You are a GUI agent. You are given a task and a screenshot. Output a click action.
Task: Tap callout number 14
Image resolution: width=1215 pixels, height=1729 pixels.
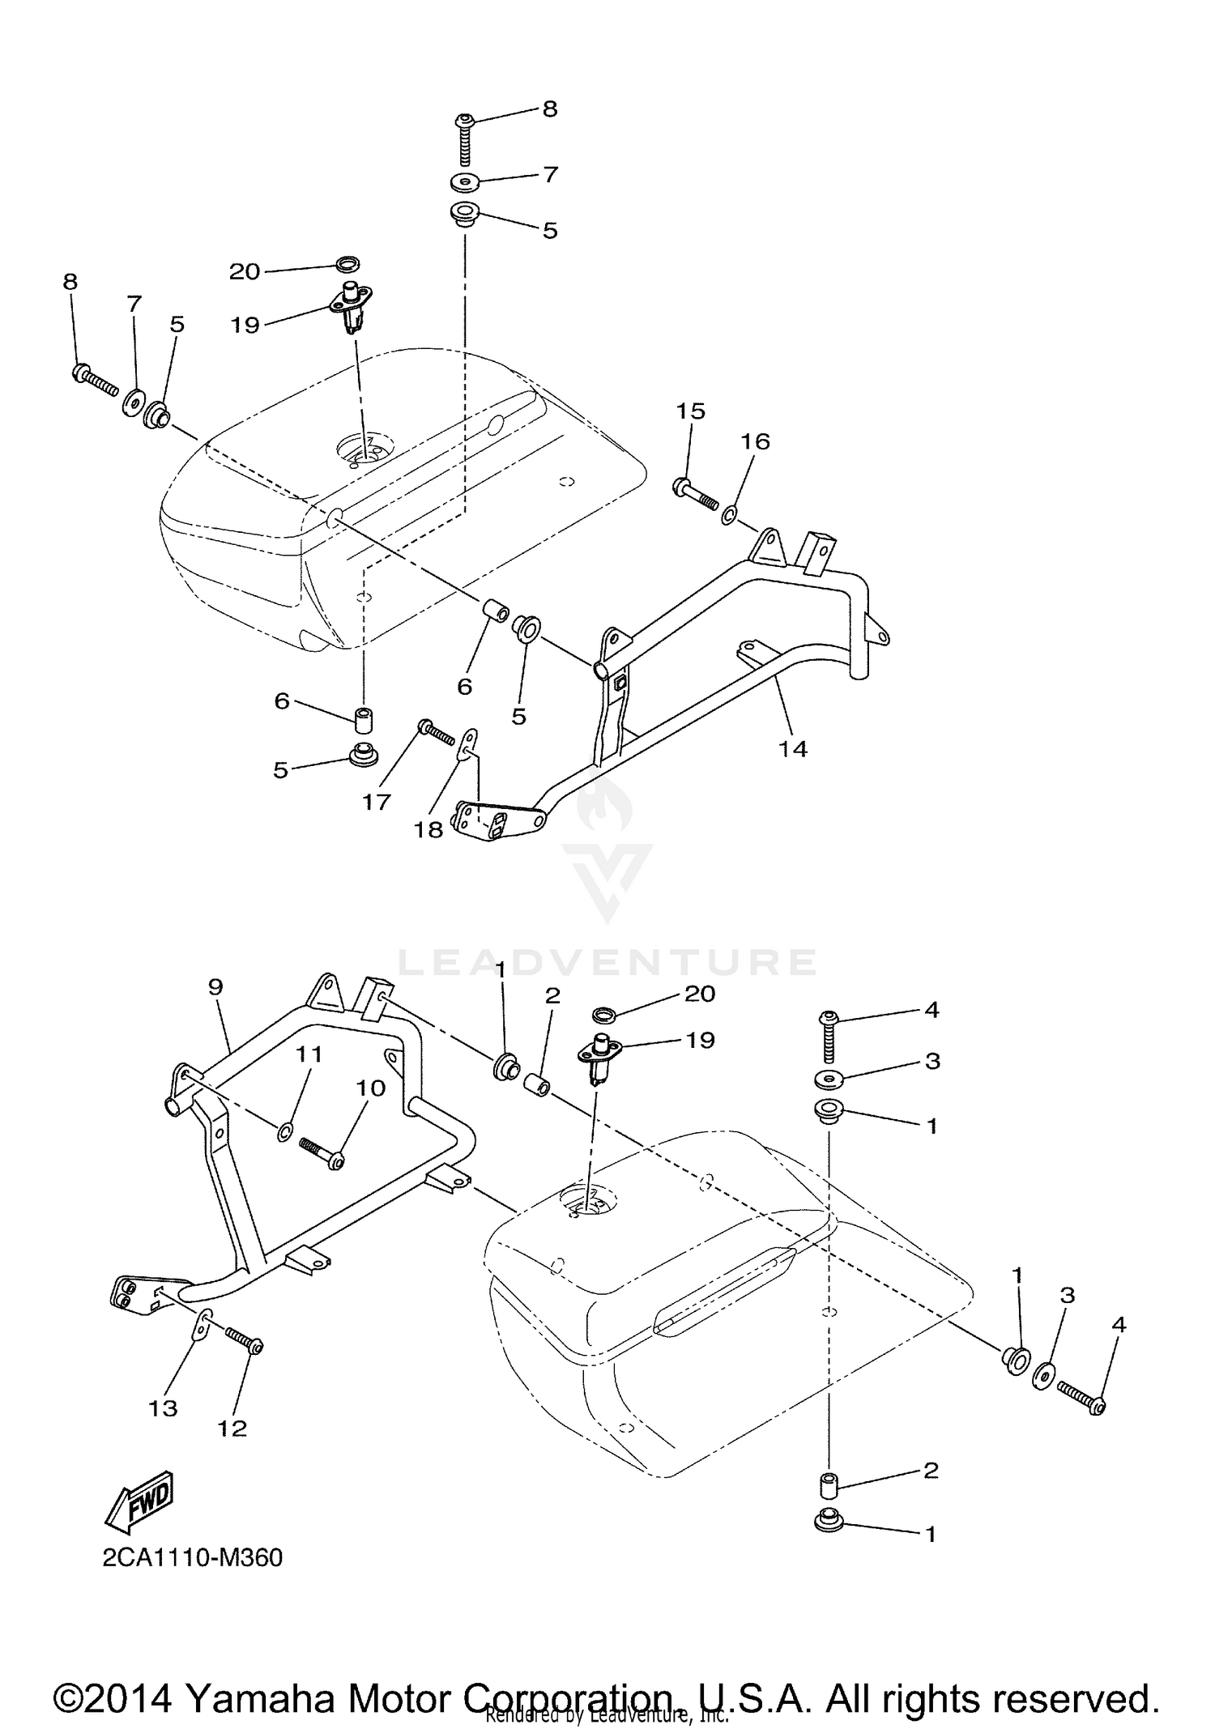click(x=793, y=749)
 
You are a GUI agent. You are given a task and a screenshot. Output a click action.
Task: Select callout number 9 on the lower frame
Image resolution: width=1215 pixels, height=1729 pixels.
click(x=215, y=987)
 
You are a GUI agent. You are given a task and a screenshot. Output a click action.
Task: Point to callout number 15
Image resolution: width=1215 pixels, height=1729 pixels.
click(x=691, y=411)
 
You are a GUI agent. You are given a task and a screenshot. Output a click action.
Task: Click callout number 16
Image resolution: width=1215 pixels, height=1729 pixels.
click(x=754, y=441)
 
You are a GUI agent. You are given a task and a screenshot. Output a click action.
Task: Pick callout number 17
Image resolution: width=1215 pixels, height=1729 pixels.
click(x=377, y=802)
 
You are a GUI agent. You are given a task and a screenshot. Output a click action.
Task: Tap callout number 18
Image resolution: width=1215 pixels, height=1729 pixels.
click(x=429, y=829)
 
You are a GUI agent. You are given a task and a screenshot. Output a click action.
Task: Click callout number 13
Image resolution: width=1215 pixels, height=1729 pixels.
click(x=163, y=1408)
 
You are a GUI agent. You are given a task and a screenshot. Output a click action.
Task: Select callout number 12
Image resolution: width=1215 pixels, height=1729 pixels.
click(x=232, y=1428)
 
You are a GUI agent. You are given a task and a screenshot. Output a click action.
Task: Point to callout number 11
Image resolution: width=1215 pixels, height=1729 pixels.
click(x=309, y=1054)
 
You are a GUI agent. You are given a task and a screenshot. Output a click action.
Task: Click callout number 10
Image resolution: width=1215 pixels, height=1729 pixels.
click(x=371, y=1088)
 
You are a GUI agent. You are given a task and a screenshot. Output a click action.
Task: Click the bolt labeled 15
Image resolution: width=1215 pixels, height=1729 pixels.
click(x=694, y=495)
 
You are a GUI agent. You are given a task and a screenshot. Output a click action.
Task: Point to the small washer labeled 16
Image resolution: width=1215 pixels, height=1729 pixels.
click(x=729, y=513)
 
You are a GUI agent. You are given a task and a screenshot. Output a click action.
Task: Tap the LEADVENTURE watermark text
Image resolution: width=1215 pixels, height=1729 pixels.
click(x=607, y=961)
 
